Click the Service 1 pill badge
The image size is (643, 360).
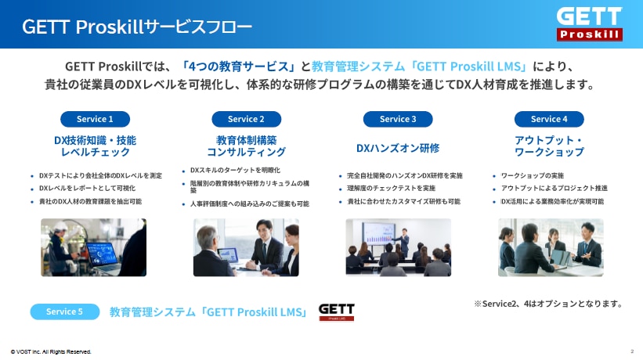pos(95,119)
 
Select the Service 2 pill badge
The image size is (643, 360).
pos(247,119)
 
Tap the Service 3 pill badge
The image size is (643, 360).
pos(398,119)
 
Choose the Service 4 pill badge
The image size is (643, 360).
pos(549,119)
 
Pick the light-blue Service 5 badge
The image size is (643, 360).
pos(65,311)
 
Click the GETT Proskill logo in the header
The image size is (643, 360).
pos(589,23)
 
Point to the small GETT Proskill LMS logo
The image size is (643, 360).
pos(336,312)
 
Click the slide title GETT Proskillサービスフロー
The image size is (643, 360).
pos(137,27)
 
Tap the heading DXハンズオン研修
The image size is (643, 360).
pos(398,148)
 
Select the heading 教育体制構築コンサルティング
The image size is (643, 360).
pos(246,146)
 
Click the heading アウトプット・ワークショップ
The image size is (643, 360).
pos(549,146)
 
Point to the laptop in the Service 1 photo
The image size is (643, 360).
pos(103,256)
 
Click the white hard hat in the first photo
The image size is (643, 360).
pos(61,226)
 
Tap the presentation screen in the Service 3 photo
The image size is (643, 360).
pos(378,234)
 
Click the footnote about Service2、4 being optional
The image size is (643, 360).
pos(549,304)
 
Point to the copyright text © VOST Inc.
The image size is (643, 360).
pos(51,352)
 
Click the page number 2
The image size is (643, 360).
pos(632,351)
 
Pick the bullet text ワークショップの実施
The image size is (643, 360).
pos(533,176)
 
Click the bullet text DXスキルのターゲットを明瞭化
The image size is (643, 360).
pos(236,170)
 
